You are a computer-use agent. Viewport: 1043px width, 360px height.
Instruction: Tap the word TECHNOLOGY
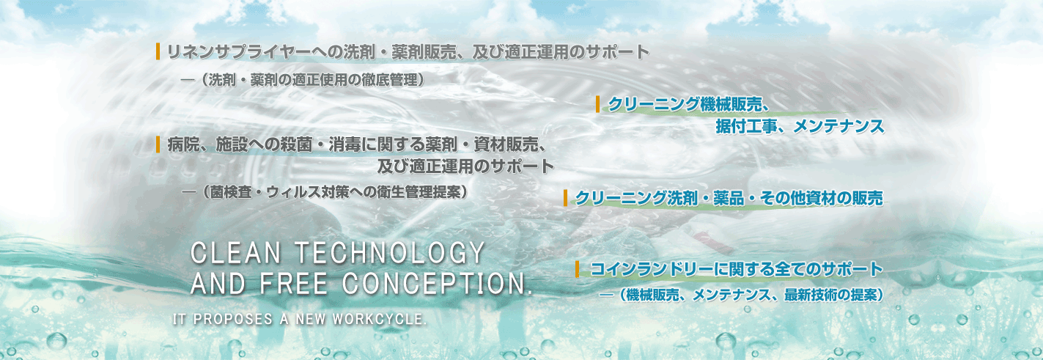coord(390,253)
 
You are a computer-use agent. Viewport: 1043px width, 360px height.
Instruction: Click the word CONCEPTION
coord(438,283)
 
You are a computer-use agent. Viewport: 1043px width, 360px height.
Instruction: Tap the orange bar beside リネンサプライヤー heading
coord(158,51)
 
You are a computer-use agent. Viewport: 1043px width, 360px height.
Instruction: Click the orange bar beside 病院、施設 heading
coord(158,144)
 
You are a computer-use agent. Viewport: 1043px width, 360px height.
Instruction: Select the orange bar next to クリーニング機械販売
coord(598,104)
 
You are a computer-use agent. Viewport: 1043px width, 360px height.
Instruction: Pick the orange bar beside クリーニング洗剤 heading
coord(565,198)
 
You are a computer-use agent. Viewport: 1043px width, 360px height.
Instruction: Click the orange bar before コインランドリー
coord(578,269)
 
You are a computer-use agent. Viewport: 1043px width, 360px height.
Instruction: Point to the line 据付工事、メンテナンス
coord(800,126)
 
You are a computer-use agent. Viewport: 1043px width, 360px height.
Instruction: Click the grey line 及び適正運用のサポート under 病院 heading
coord(465,166)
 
